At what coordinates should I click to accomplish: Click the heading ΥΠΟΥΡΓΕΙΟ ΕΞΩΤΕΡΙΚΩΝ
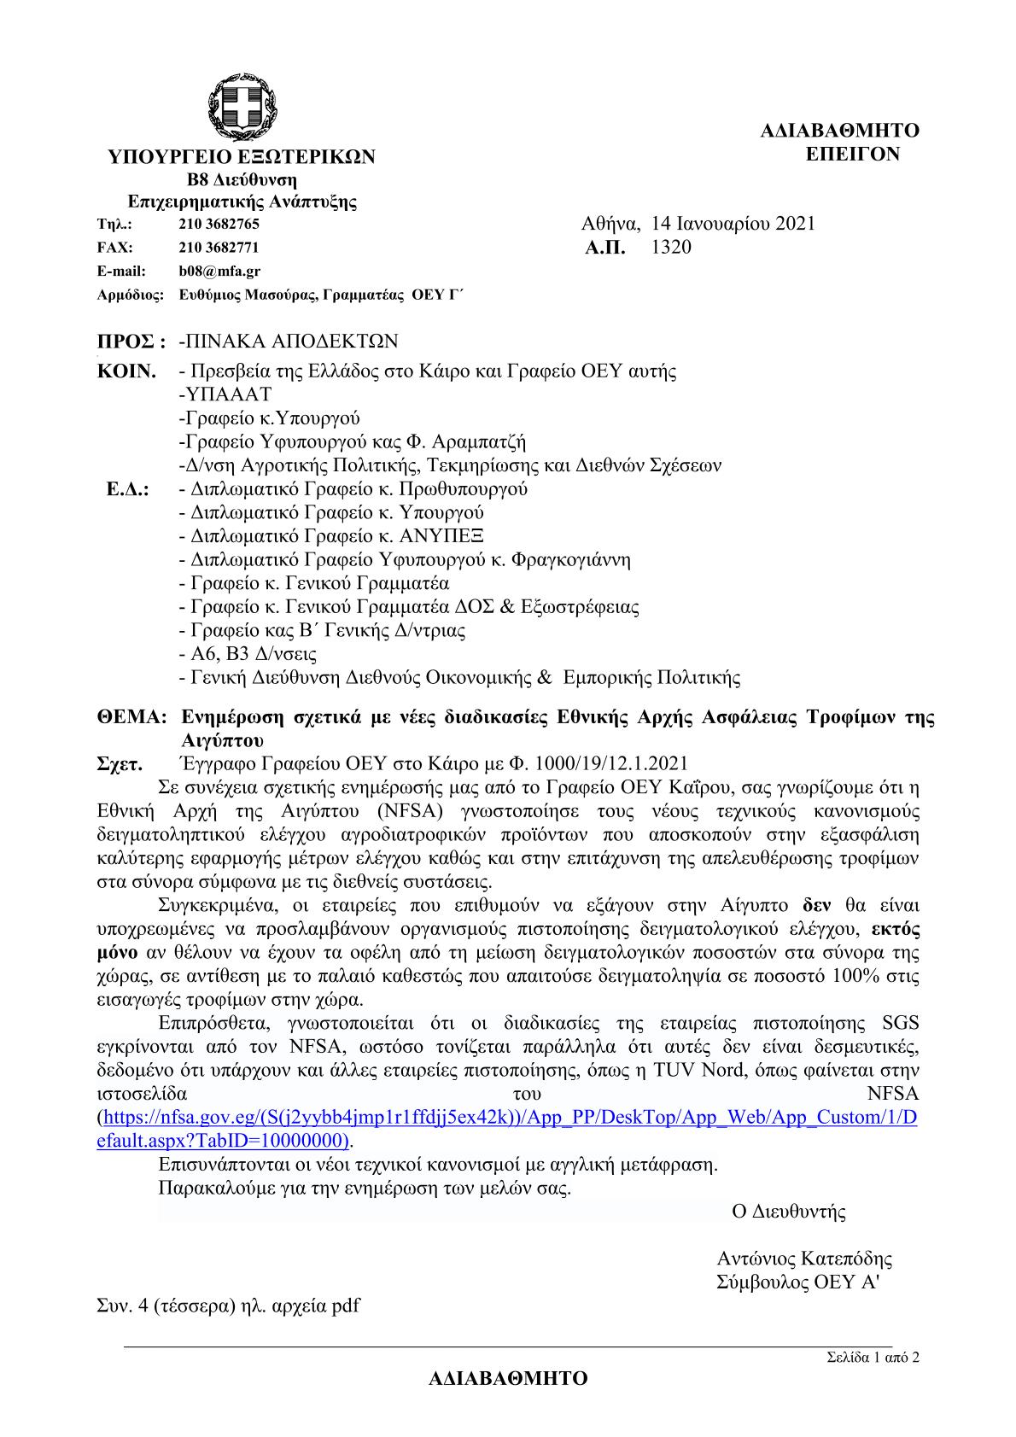click(x=241, y=157)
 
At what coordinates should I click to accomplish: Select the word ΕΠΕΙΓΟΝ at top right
click(x=853, y=154)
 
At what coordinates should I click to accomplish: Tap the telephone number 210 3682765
click(x=219, y=225)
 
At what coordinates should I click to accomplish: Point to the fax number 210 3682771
click(x=219, y=248)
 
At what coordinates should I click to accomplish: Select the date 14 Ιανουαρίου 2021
click(x=733, y=224)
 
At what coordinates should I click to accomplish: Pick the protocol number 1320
click(x=671, y=248)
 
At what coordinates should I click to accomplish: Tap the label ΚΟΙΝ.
click(x=128, y=371)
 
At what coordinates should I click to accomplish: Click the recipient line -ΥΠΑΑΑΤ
click(x=225, y=394)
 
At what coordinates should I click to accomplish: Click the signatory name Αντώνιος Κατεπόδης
click(x=804, y=1259)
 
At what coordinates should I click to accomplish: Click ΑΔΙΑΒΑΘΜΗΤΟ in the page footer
click(x=508, y=1380)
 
